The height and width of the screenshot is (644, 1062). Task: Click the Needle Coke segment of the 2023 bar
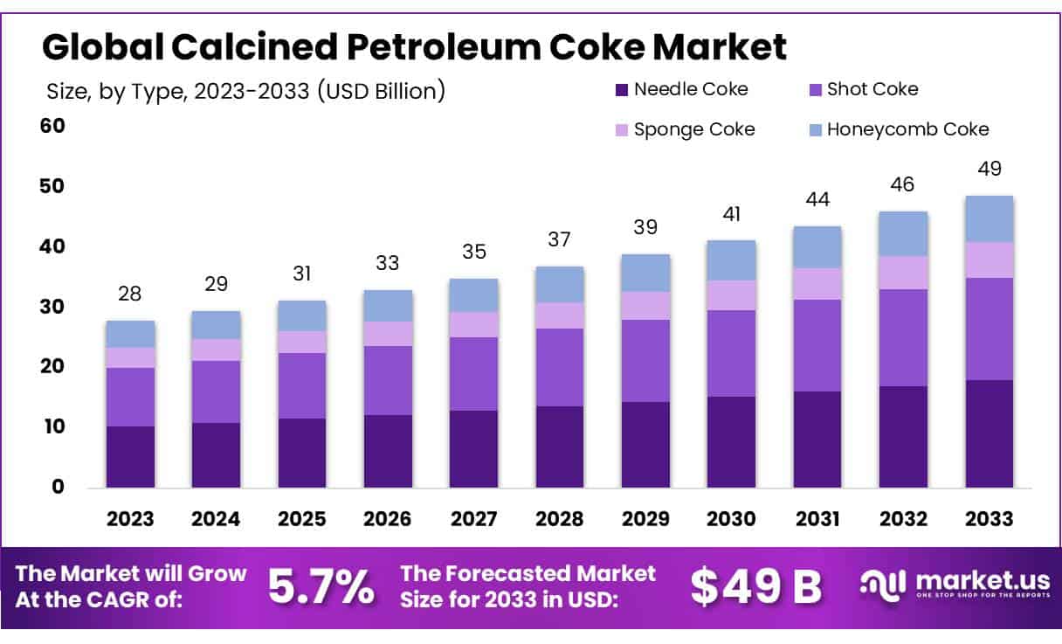pos(130,456)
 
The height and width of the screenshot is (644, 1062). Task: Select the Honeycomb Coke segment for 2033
pos(989,218)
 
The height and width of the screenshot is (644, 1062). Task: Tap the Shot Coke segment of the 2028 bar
pos(559,367)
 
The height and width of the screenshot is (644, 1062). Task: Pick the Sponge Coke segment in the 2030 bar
pos(731,294)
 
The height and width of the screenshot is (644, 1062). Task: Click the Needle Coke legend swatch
pos(622,89)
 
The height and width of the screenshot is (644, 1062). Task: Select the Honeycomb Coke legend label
pos(907,129)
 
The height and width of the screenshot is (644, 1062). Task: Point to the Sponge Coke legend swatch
pos(622,130)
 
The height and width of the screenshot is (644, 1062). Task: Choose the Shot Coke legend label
pos(872,88)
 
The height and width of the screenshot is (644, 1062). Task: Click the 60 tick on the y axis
pos(53,126)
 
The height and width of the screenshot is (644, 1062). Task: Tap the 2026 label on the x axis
pos(388,519)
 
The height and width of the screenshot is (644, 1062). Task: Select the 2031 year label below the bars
pos(817,519)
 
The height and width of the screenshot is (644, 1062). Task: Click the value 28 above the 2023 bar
pos(130,294)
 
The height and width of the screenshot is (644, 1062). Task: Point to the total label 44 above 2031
pos(817,199)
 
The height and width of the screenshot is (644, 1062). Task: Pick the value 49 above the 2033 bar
pos(989,169)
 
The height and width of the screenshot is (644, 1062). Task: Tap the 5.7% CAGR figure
pos(321,586)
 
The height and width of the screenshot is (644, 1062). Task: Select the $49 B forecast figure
pos(756,586)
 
